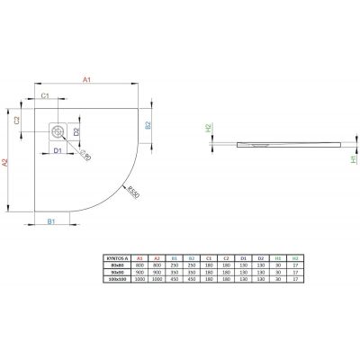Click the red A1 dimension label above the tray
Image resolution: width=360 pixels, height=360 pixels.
click(x=86, y=80)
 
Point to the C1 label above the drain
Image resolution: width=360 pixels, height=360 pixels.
click(x=45, y=94)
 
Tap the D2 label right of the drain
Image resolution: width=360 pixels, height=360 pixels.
click(x=77, y=132)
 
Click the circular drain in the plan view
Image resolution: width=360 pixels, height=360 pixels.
click(x=58, y=130)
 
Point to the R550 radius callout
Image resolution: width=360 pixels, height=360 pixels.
click(x=132, y=193)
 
